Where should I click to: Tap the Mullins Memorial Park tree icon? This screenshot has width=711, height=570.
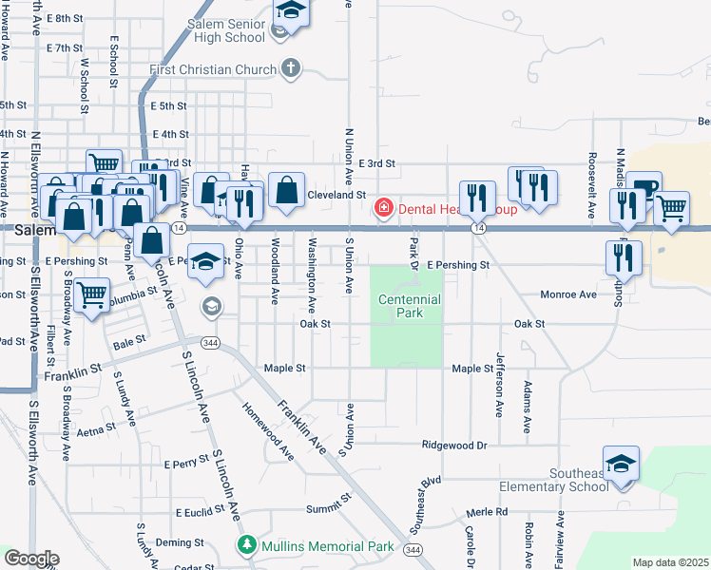(x=246, y=546)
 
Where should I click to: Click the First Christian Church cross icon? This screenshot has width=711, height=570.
(x=292, y=69)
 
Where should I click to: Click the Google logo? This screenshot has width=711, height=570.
(x=30, y=559)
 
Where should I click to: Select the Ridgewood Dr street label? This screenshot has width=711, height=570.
(x=454, y=445)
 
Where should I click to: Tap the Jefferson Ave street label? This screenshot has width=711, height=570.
(x=499, y=386)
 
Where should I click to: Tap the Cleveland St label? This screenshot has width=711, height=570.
(x=336, y=194)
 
